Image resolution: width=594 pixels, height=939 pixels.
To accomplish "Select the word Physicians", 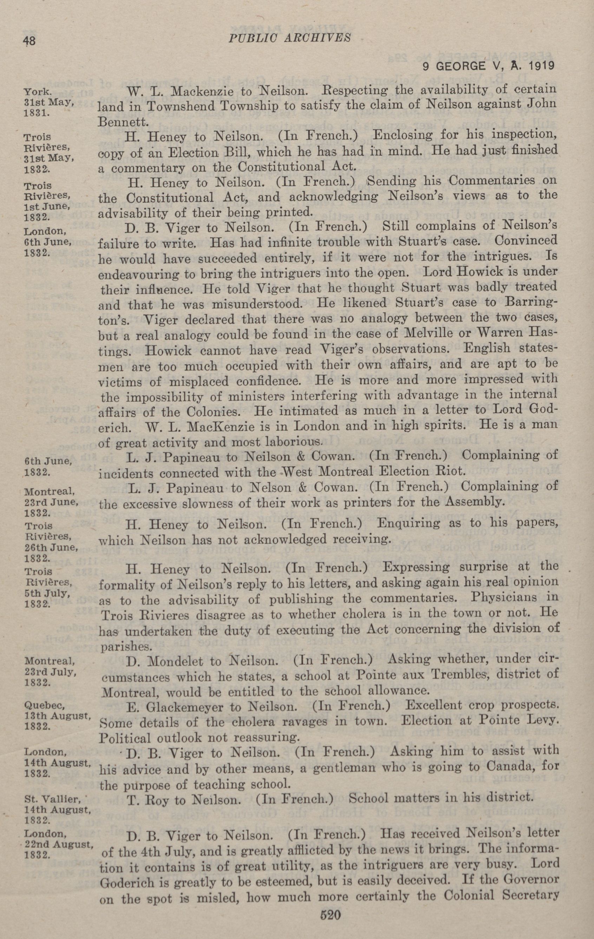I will pyautogui.click(x=511, y=598).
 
